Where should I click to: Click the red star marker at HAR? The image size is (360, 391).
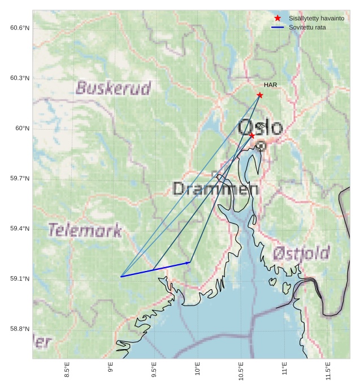pyautogui.click(x=260, y=95)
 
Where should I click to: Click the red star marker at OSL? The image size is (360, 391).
pyautogui.click(x=252, y=135)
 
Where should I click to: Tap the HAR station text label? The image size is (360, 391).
pyautogui.click(x=270, y=85)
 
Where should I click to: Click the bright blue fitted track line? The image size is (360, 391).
pyautogui.click(x=155, y=269)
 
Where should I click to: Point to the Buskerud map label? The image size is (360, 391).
pyautogui.click(x=114, y=88)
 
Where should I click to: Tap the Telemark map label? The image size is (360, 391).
pyautogui.click(x=85, y=230)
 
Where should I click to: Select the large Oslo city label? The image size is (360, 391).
pyautogui.click(x=260, y=128)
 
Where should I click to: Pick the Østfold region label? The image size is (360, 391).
pyautogui.click(x=301, y=253)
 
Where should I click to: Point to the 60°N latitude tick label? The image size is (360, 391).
pyautogui.click(x=22, y=128)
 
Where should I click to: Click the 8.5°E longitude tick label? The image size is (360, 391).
pyautogui.click(x=67, y=369)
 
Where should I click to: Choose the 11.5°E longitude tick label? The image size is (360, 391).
pyautogui.click(x=328, y=369)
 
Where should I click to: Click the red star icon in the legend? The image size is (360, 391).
pyautogui.click(x=277, y=18)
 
